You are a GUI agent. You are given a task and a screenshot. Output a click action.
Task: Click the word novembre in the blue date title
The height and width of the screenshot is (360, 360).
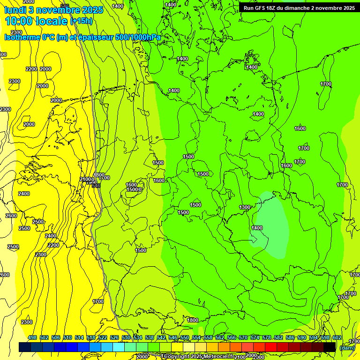(60, 10)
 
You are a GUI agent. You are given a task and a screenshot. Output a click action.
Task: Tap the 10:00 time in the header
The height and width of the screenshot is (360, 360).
(18, 21)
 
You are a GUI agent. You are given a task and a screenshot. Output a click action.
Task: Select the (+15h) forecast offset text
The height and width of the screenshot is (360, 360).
(81, 21)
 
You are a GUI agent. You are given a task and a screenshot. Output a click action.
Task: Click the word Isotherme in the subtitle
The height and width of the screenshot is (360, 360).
(22, 37)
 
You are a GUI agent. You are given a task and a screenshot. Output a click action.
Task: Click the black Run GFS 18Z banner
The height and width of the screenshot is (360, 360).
(299, 7)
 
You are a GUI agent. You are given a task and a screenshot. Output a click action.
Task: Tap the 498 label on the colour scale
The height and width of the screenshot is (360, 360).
(32, 337)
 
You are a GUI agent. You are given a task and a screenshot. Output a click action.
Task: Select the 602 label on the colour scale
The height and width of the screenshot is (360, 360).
(337, 337)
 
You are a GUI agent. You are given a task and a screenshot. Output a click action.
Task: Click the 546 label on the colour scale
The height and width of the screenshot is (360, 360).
(173, 337)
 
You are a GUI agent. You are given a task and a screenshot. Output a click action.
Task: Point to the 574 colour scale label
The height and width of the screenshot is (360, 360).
(255, 337)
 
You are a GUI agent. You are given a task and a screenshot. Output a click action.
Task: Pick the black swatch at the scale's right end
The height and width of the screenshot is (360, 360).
(330, 347)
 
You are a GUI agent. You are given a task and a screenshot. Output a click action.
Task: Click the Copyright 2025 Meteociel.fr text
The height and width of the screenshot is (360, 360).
(197, 357)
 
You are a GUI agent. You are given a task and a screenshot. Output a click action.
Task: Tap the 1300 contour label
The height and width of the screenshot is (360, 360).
(245, 207)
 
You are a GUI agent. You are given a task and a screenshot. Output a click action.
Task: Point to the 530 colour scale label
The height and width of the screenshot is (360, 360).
(126, 337)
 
